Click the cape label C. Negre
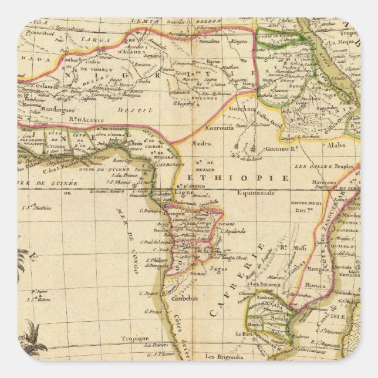pyautogui.click(x=149, y=293)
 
